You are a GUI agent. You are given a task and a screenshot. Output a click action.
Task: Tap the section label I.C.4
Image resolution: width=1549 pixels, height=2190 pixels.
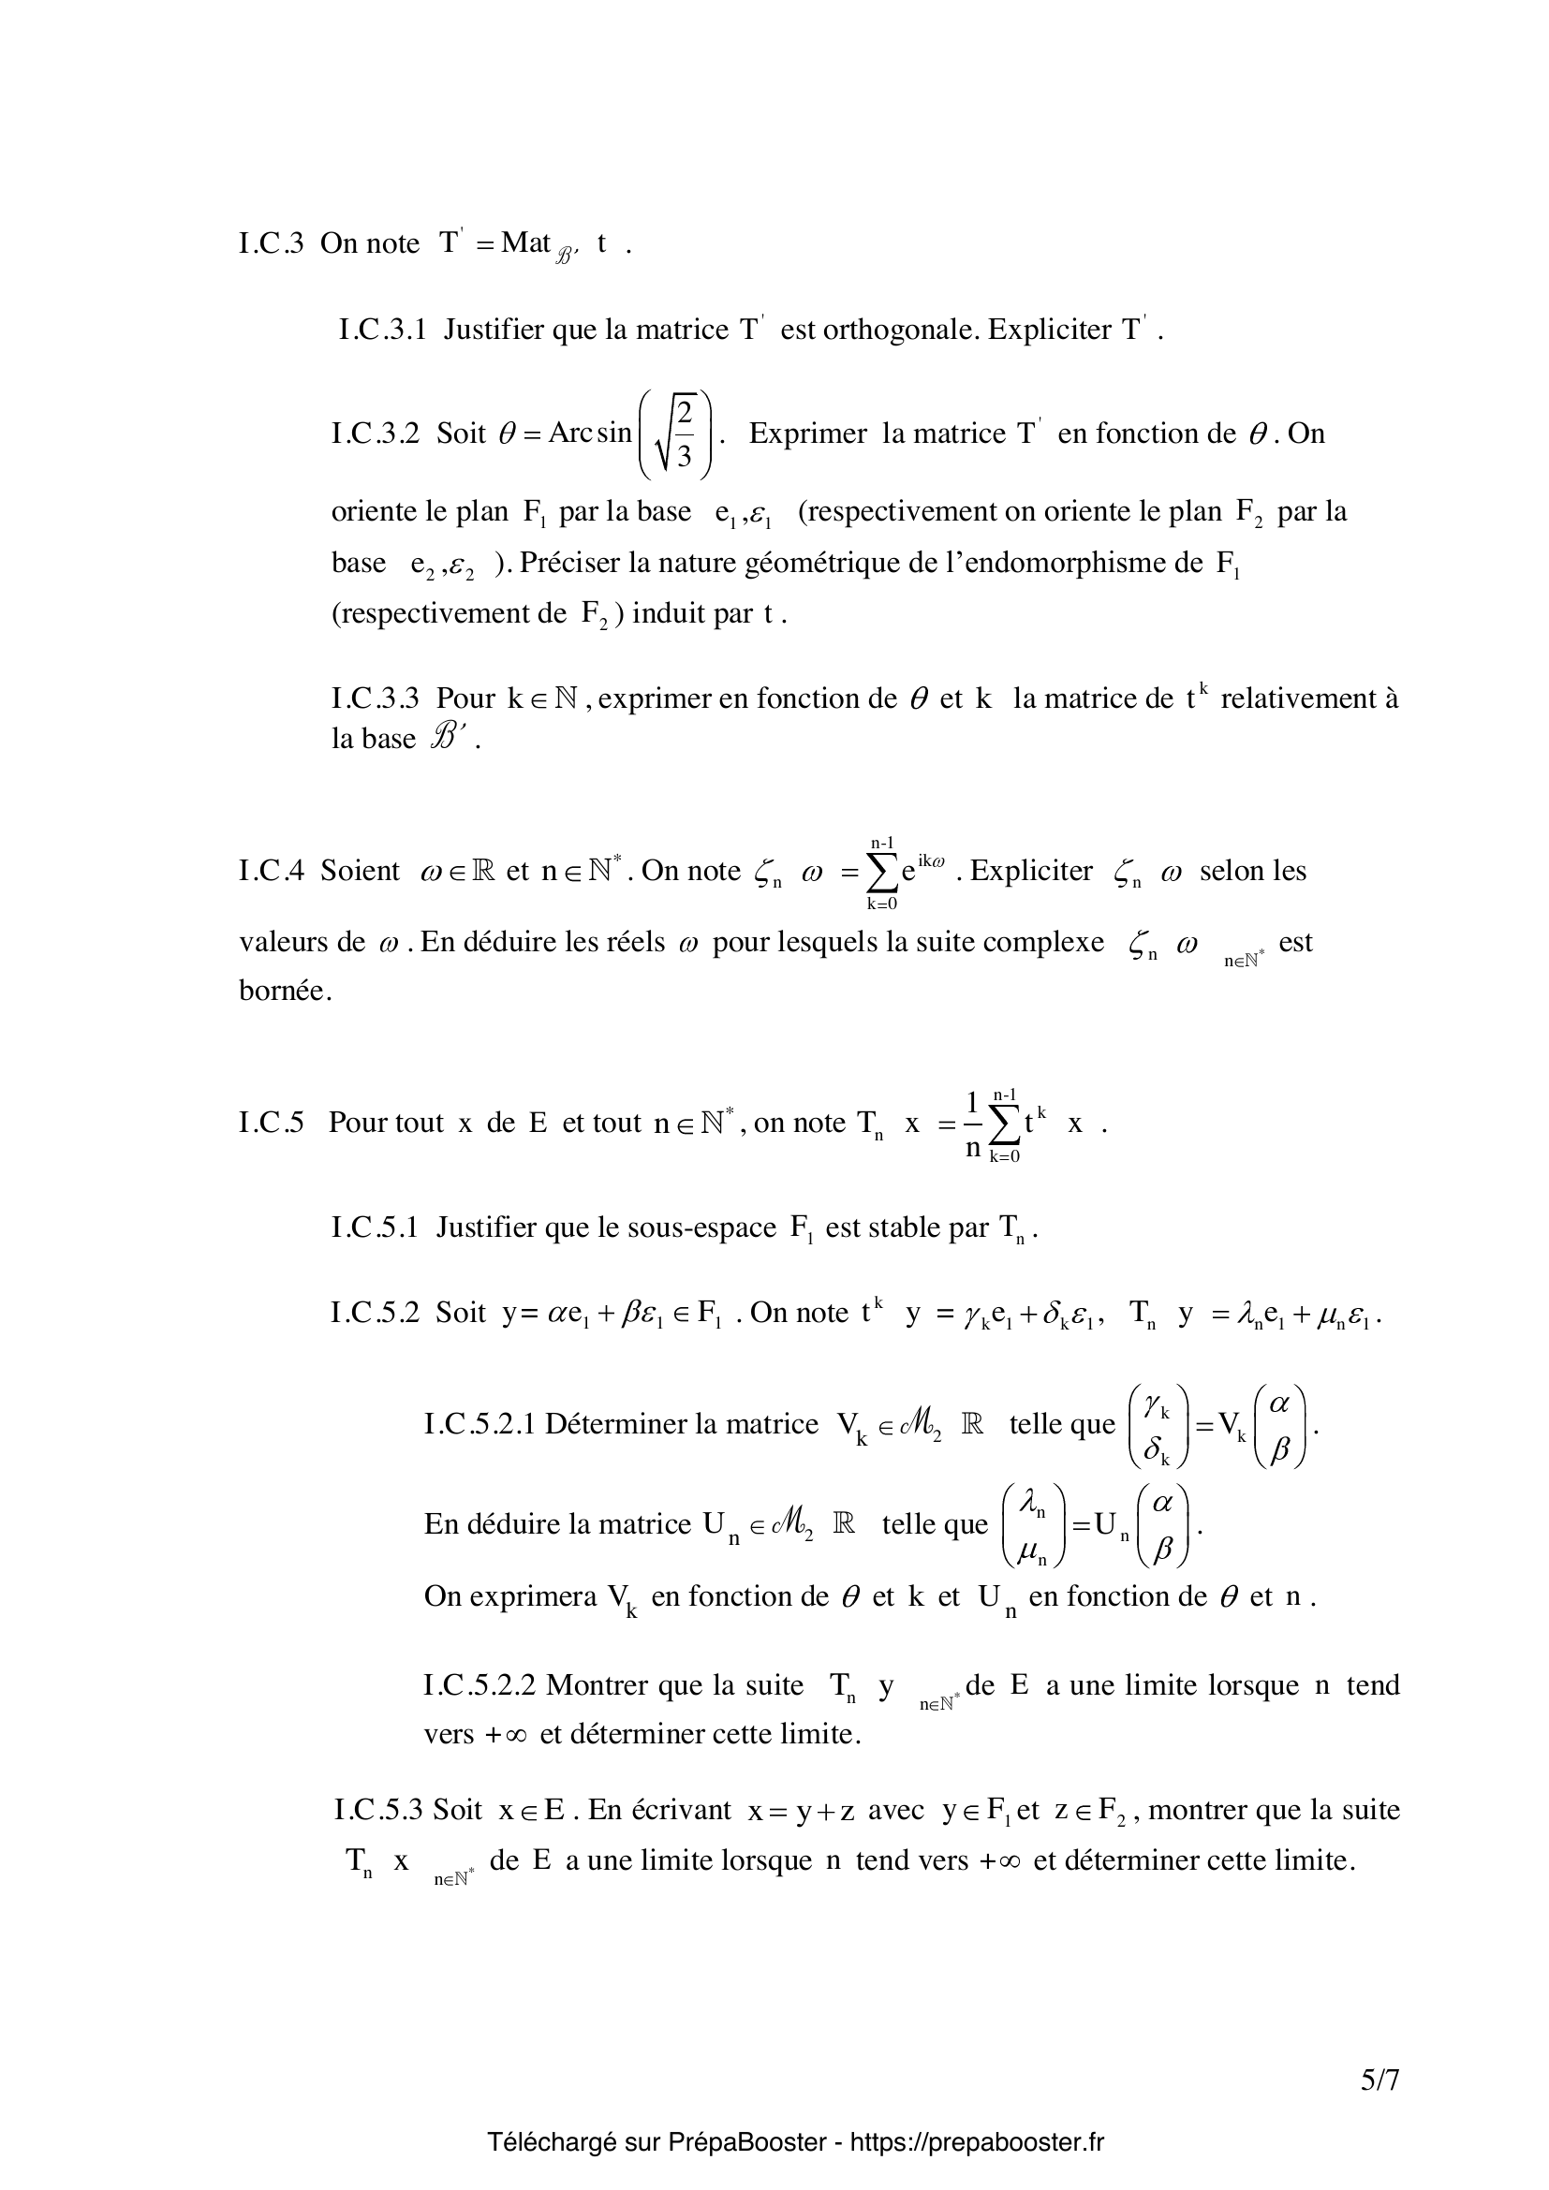[x=271, y=871]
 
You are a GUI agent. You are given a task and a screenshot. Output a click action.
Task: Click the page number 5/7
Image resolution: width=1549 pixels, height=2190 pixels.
[x=1379, y=2080]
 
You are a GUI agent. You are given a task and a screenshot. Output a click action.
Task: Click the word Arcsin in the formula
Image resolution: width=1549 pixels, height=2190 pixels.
[x=589, y=434]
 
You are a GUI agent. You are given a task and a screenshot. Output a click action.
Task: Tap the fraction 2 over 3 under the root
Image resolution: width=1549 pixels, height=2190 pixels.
[x=684, y=434]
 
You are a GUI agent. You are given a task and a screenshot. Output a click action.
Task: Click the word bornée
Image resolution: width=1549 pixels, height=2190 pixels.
[x=286, y=991]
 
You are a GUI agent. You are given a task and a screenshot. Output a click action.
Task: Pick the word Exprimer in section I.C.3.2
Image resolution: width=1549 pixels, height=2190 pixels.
[x=808, y=434]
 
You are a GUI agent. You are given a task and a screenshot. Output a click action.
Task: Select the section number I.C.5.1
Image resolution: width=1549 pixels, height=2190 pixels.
[x=375, y=1227]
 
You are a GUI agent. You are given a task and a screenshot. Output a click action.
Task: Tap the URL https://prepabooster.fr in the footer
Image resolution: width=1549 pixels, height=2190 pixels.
[x=976, y=2143]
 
